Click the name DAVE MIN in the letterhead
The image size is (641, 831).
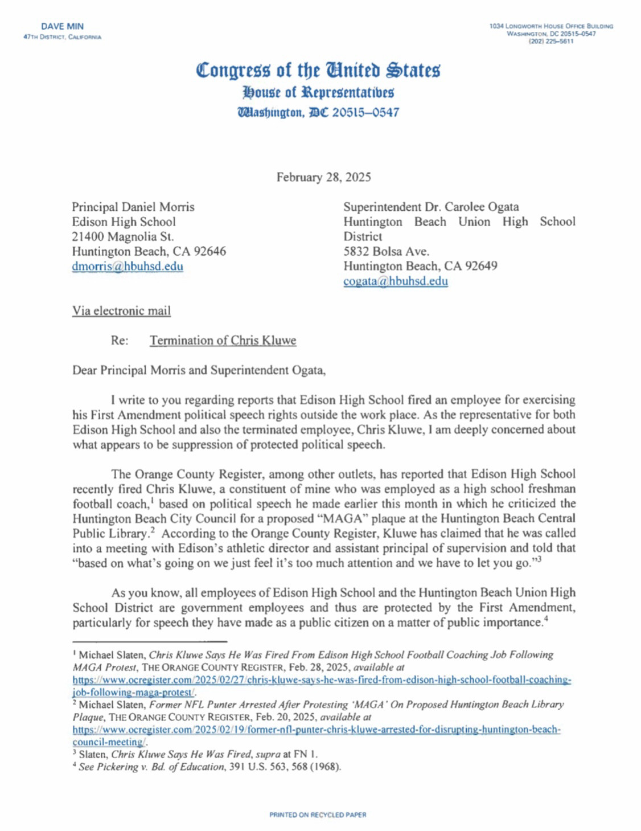tap(62, 26)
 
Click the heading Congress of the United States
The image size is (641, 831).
tap(318, 70)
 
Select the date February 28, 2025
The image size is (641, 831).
tap(323, 177)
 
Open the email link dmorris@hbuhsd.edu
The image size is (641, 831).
tap(128, 267)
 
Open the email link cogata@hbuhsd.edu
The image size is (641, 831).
tap(395, 281)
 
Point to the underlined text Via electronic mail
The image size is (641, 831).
tap(121, 311)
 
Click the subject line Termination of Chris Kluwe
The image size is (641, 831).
tap(223, 341)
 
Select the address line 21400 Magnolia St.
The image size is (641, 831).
tap(123, 236)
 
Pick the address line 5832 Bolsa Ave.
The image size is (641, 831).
tap(386, 251)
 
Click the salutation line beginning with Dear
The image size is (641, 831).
tap(199, 370)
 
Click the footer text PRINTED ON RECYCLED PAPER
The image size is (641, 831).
tap(318, 815)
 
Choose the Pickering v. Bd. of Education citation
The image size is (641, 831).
tap(209, 767)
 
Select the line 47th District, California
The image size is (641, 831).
tap(62, 37)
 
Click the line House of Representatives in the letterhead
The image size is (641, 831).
tap(318, 92)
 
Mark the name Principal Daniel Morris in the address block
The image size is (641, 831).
tap(133, 207)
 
